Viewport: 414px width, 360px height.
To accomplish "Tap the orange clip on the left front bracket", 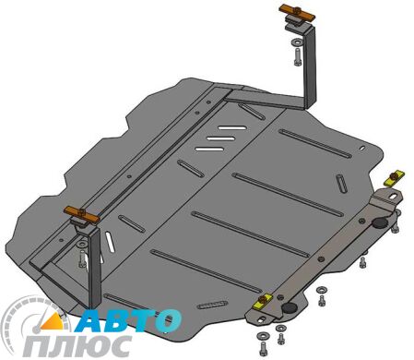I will (x=83, y=215).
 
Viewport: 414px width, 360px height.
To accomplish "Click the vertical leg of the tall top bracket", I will (x=311, y=65).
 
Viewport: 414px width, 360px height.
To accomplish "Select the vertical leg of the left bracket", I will (x=95, y=268).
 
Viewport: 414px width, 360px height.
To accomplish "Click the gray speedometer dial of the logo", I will (x=28, y=323).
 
